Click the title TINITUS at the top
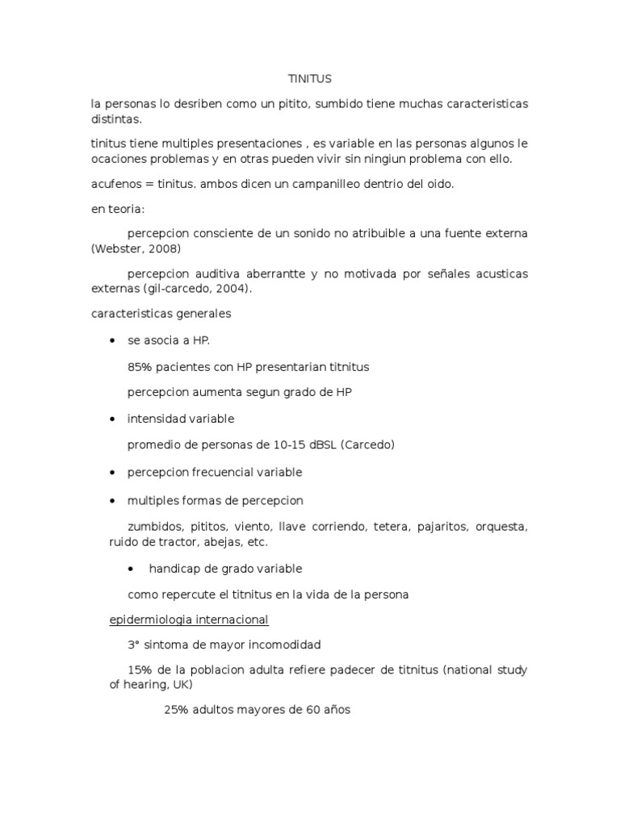[x=310, y=79]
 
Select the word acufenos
[x=116, y=184]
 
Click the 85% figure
[x=140, y=366]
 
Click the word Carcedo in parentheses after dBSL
[x=367, y=444]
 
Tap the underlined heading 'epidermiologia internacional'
[x=188, y=619]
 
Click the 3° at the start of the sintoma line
[x=134, y=645]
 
